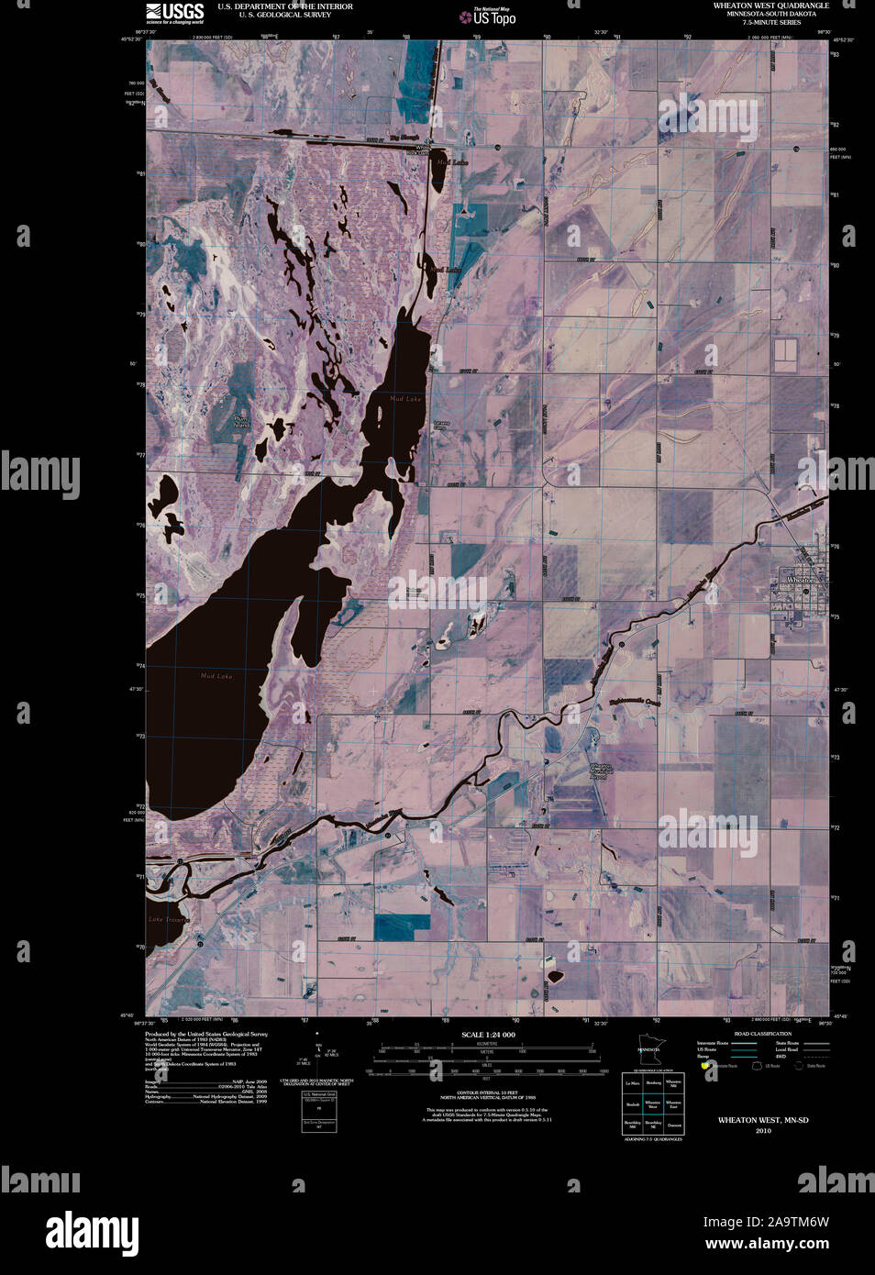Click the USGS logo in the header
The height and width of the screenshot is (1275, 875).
click(x=175, y=12)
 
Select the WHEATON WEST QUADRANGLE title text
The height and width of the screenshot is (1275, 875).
click(x=770, y=6)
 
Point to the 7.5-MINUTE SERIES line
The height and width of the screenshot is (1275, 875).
click(x=770, y=22)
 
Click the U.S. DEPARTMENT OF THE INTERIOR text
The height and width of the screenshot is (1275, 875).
click(x=284, y=6)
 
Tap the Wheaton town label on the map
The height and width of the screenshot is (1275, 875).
click(x=801, y=581)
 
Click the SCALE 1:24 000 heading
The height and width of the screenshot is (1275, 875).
click(x=487, y=1035)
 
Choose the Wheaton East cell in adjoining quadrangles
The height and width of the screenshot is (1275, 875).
click(x=673, y=1104)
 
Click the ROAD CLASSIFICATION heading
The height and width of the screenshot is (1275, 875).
click(x=757, y=1034)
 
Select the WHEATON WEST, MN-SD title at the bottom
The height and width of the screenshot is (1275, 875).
click(x=763, y=1120)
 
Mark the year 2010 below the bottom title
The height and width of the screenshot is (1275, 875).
click(x=763, y=1131)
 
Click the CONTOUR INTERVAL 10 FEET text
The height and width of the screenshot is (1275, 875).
click(x=486, y=1092)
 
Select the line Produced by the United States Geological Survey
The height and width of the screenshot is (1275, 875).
click(x=206, y=1033)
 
